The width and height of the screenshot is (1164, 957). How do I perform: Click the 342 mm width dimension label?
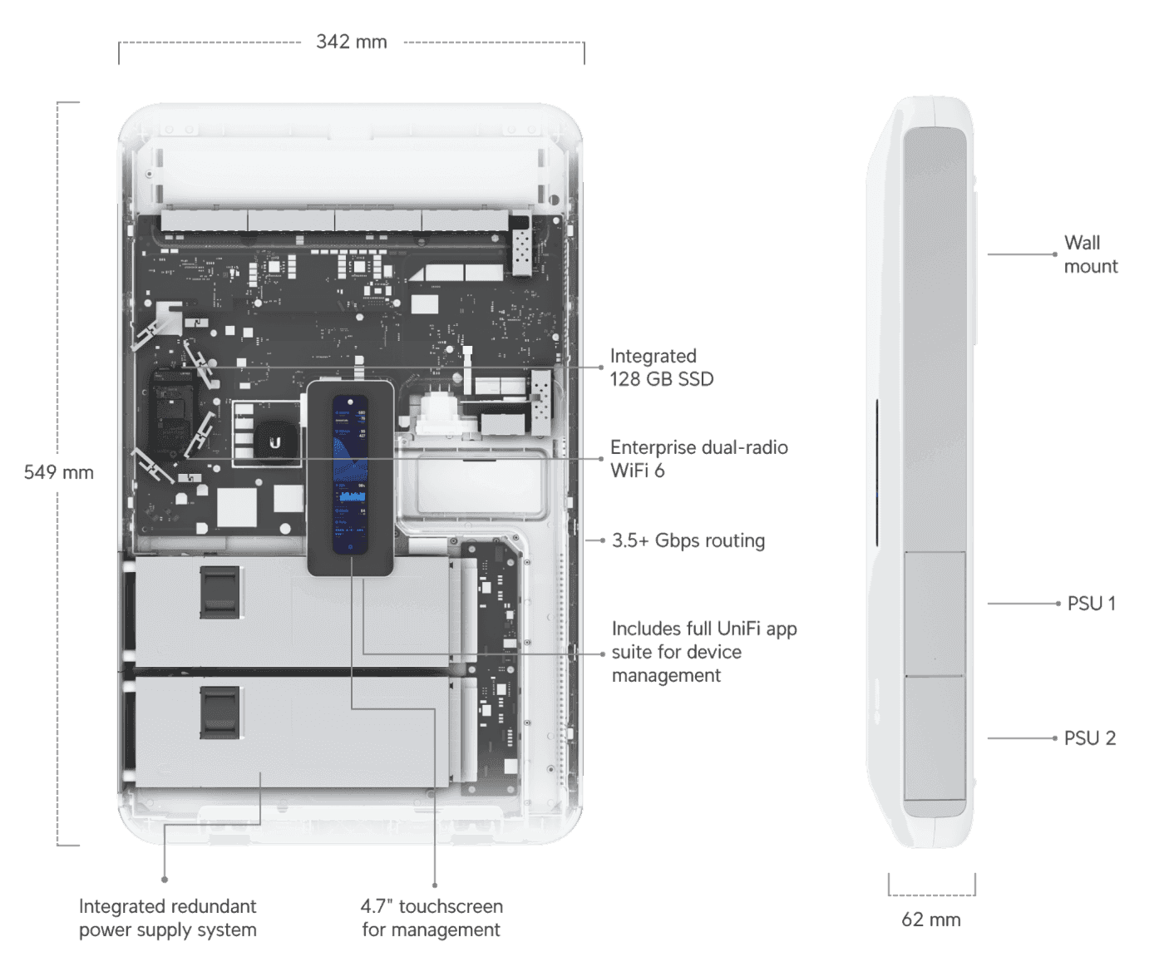coord(351,42)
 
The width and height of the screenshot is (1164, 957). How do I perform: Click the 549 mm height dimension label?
coord(58,472)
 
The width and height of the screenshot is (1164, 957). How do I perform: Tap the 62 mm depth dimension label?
coord(931,919)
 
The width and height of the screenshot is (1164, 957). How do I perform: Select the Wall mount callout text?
coord(1090,254)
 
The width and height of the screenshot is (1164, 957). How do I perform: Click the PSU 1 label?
coord(1091,604)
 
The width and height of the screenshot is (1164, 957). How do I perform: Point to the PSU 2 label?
coord(1089,738)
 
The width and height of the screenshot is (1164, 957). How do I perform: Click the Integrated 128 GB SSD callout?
coord(662,368)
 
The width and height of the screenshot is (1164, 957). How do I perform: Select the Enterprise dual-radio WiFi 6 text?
coord(698,459)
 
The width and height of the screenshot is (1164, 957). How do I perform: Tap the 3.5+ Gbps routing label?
coord(688,540)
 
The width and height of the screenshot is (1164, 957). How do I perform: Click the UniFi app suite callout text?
coord(703,652)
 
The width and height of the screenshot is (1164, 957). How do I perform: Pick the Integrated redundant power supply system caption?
coord(167,918)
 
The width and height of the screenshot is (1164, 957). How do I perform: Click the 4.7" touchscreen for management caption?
coord(432,918)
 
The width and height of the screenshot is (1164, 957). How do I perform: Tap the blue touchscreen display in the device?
coord(350,474)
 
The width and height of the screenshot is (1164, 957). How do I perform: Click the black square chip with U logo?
coord(275,442)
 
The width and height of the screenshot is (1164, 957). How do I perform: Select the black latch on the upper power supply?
coord(219,592)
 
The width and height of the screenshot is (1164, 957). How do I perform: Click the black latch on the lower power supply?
coord(219,713)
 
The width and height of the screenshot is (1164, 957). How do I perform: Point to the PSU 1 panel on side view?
coord(935,614)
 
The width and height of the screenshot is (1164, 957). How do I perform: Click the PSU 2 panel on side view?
coord(935,738)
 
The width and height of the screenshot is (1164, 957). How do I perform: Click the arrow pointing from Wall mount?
coord(1023,254)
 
